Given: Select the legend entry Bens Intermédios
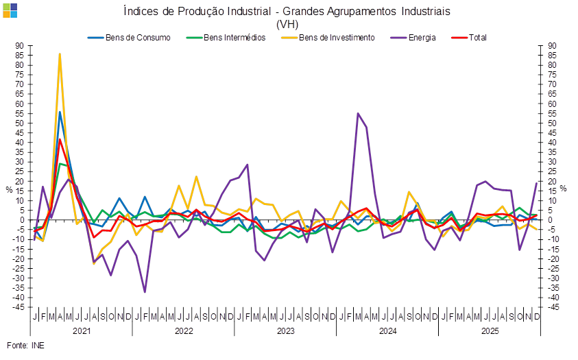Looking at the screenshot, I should [x=229, y=37].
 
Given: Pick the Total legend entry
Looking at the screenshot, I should [x=478, y=37].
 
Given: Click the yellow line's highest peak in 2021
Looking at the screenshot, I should [x=60, y=53].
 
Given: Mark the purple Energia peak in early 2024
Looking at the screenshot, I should [x=358, y=113].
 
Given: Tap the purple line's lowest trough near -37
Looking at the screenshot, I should [x=145, y=292].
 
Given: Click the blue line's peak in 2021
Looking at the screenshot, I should [x=60, y=112].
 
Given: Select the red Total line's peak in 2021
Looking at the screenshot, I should [x=60, y=139].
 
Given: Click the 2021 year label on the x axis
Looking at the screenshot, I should [x=82, y=331].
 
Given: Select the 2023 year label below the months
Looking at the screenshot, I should [x=285, y=331].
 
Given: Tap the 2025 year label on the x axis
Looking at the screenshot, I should [x=490, y=331].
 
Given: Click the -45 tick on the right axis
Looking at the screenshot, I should [x=553, y=307].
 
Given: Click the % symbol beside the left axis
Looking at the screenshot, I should [x=9, y=188].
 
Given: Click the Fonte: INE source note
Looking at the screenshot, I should [x=25, y=345].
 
